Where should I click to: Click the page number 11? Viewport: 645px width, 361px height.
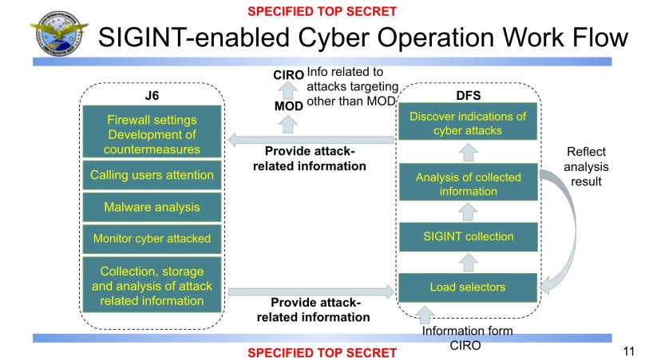coord(628,350)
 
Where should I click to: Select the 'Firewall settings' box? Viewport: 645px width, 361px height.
coord(152,133)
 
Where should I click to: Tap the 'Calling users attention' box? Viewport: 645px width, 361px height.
coord(152,175)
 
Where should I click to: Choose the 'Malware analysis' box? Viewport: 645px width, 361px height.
coord(152,207)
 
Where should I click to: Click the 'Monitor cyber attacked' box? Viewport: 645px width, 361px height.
coord(152,237)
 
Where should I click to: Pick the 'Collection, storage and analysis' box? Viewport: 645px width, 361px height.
coord(152,285)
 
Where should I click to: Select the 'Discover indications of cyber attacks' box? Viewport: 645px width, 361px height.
coord(468,123)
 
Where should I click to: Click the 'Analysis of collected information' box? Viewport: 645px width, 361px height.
coord(468,184)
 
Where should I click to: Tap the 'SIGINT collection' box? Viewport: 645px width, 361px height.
coord(468,236)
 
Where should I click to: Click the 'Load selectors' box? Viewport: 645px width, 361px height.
coord(468,287)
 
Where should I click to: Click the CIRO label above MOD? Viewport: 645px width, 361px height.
coord(289,75)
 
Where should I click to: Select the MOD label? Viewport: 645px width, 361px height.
coord(288,105)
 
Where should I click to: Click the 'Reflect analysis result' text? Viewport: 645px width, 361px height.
coord(587,166)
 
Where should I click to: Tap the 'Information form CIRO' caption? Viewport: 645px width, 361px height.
coord(467,337)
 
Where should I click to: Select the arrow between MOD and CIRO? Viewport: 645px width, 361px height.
coord(289,90)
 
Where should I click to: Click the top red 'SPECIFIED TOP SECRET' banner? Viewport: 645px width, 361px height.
coord(322,11)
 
